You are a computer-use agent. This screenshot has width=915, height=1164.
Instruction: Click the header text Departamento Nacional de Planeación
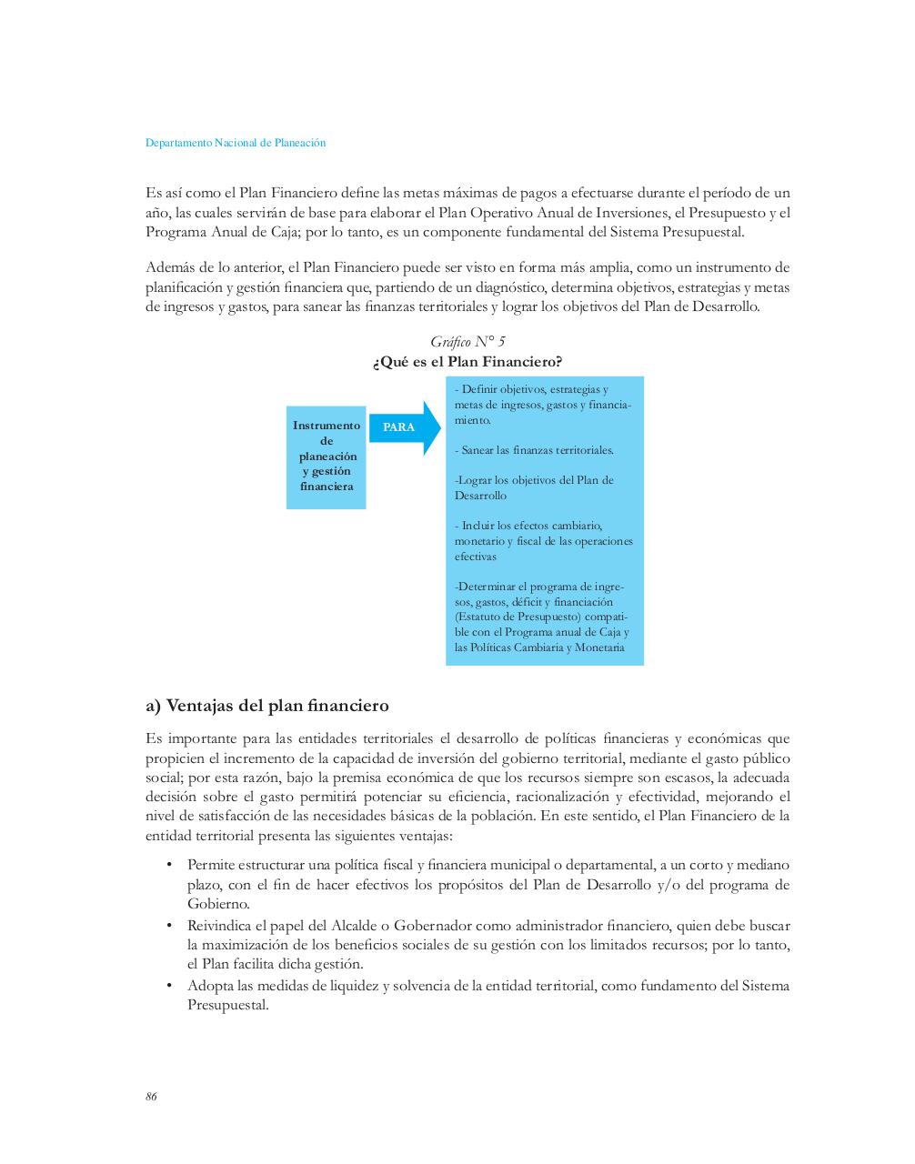click(x=236, y=143)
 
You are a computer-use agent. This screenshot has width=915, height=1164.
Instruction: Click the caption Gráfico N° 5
click(x=468, y=342)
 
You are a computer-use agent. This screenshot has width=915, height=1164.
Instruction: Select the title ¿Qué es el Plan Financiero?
click(x=468, y=362)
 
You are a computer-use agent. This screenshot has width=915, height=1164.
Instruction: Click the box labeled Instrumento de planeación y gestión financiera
click(x=327, y=457)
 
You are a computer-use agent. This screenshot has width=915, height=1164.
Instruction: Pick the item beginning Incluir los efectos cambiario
click(x=543, y=540)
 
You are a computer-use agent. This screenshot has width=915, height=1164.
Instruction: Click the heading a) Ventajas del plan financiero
click(x=267, y=706)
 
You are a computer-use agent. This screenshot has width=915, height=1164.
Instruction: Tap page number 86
click(x=151, y=1097)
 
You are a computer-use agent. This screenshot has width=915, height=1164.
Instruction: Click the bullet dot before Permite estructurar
click(x=169, y=865)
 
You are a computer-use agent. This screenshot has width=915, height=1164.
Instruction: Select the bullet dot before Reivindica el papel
click(x=169, y=926)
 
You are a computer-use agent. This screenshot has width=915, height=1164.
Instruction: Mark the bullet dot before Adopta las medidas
click(x=169, y=986)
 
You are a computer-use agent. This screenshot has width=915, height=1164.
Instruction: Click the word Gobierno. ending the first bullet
click(x=218, y=904)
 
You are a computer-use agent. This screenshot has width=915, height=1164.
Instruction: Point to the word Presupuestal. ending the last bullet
click(x=228, y=1006)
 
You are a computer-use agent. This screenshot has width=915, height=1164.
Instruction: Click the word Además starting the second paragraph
click(x=169, y=267)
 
